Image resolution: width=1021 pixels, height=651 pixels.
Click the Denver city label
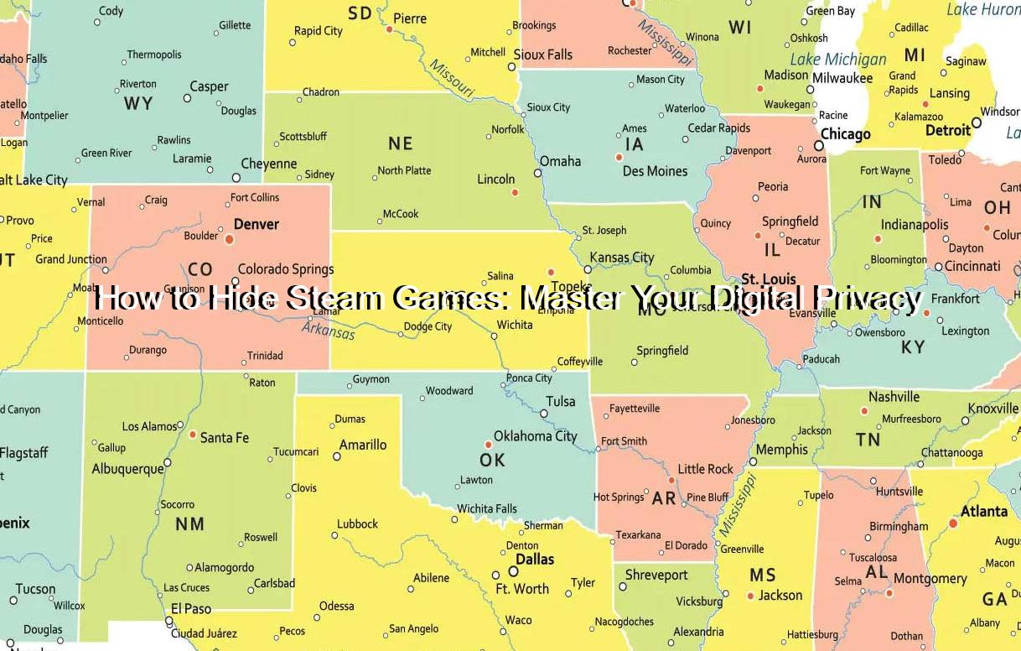pos(256,224)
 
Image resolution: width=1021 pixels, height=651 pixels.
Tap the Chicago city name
pos(845,134)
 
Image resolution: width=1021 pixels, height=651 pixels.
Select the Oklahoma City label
pos(535,436)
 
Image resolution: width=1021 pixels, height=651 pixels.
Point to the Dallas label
pos(535,560)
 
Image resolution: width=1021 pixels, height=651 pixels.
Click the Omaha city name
pos(560,161)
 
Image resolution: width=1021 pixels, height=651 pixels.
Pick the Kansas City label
pos(621,258)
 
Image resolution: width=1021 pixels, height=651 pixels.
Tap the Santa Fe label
pos(224,437)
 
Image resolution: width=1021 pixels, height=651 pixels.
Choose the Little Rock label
pos(705,469)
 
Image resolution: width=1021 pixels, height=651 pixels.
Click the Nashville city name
pos(894,397)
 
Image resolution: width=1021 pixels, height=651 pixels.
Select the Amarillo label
pos(363,445)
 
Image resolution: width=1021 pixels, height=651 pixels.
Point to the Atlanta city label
pos(984,511)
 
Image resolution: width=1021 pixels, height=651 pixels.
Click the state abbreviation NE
pos(400,143)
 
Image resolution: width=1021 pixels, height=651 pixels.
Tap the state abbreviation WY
pos(138,103)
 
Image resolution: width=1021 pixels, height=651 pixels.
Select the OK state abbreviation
pos(492,460)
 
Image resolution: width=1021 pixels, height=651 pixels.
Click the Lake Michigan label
pos(838,60)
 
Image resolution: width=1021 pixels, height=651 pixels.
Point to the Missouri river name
pos(453,80)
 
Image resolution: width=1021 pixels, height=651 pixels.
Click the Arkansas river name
pos(329,328)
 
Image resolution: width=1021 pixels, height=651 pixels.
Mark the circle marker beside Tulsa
pos(544,414)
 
